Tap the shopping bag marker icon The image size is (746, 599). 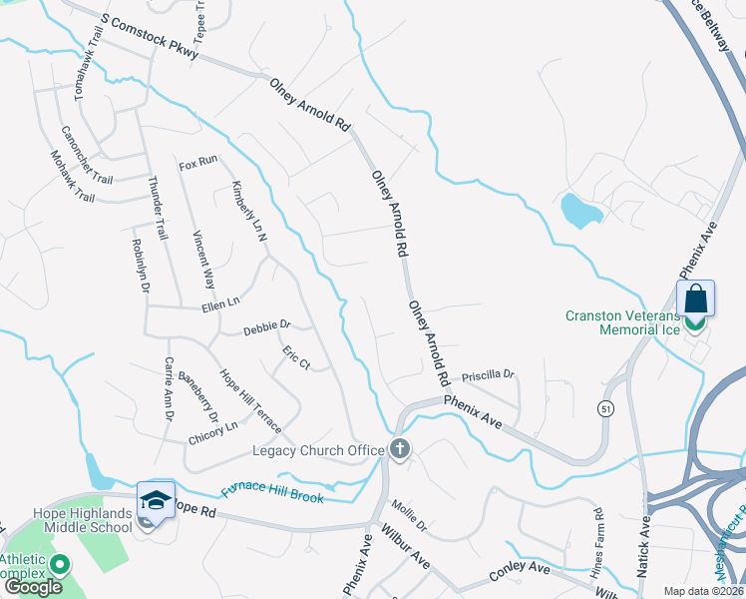click(695, 299)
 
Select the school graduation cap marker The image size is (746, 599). click(156, 499)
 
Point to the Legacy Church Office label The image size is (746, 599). click(316, 450)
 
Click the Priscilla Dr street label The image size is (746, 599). click(488, 374)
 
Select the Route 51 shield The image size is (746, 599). click(604, 407)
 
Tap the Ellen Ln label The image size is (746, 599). click(221, 302)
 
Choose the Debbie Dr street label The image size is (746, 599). click(266, 325)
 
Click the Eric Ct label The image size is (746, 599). click(296, 357)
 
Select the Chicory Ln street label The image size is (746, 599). click(212, 432)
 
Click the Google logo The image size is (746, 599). click(33, 587)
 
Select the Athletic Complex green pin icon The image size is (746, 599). click(59, 566)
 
